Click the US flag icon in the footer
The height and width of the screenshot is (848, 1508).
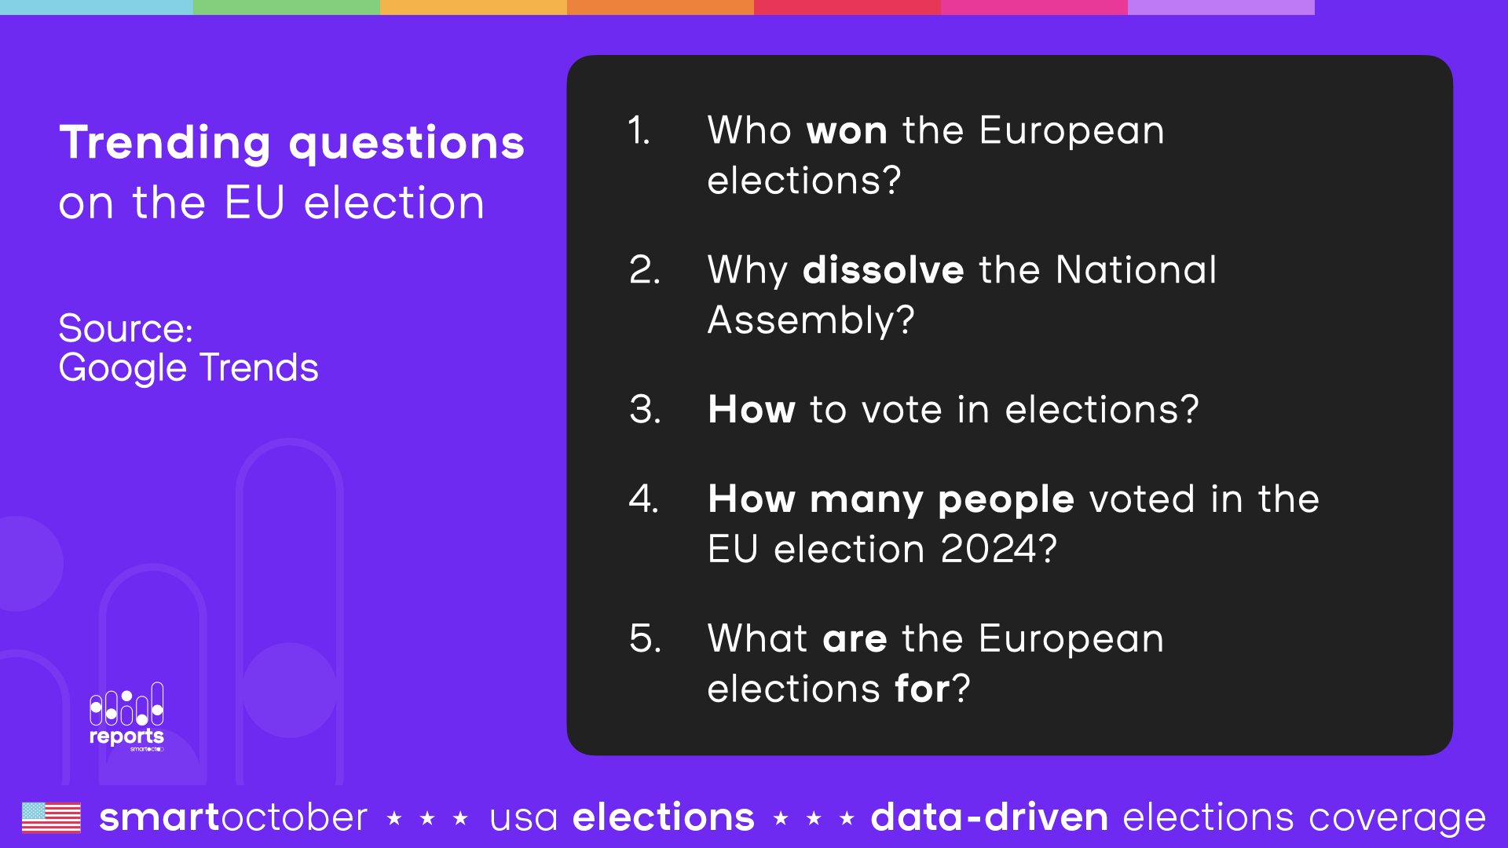(51, 817)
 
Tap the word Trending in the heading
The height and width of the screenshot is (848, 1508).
(166, 143)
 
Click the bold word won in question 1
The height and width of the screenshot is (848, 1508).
(847, 130)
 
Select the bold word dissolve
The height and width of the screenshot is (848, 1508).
(883, 269)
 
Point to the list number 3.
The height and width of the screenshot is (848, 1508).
(645, 409)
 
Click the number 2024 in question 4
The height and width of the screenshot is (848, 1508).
(989, 548)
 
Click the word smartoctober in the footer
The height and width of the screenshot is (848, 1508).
(233, 817)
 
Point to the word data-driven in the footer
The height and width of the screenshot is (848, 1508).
(989, 817)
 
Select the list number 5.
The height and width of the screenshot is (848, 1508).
(645, 638)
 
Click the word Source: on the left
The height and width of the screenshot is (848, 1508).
(126, 328)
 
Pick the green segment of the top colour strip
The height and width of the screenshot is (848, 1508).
(287, 7)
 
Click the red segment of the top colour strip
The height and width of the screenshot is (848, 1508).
(847, 7)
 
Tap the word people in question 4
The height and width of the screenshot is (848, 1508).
(1005, 501)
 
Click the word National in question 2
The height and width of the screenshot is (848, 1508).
(1136, 269)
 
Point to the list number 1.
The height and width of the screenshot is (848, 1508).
(639, 130)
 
